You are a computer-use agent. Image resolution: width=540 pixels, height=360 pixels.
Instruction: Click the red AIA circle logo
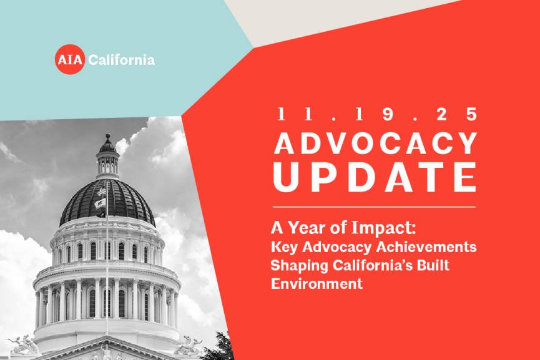tap(69, 60)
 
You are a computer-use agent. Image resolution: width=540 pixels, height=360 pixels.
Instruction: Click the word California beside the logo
tap(122, 61)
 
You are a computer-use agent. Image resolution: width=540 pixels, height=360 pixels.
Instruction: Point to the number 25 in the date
tap(461, 114)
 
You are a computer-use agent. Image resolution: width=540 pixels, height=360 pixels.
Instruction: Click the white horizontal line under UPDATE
tap(374, 207)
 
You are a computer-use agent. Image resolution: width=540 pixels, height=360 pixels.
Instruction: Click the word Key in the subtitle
tap(283, 246)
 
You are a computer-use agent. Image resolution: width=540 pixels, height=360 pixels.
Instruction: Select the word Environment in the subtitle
tap(317, 283)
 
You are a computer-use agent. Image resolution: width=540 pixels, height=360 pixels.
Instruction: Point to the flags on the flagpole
tap(100, 198)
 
